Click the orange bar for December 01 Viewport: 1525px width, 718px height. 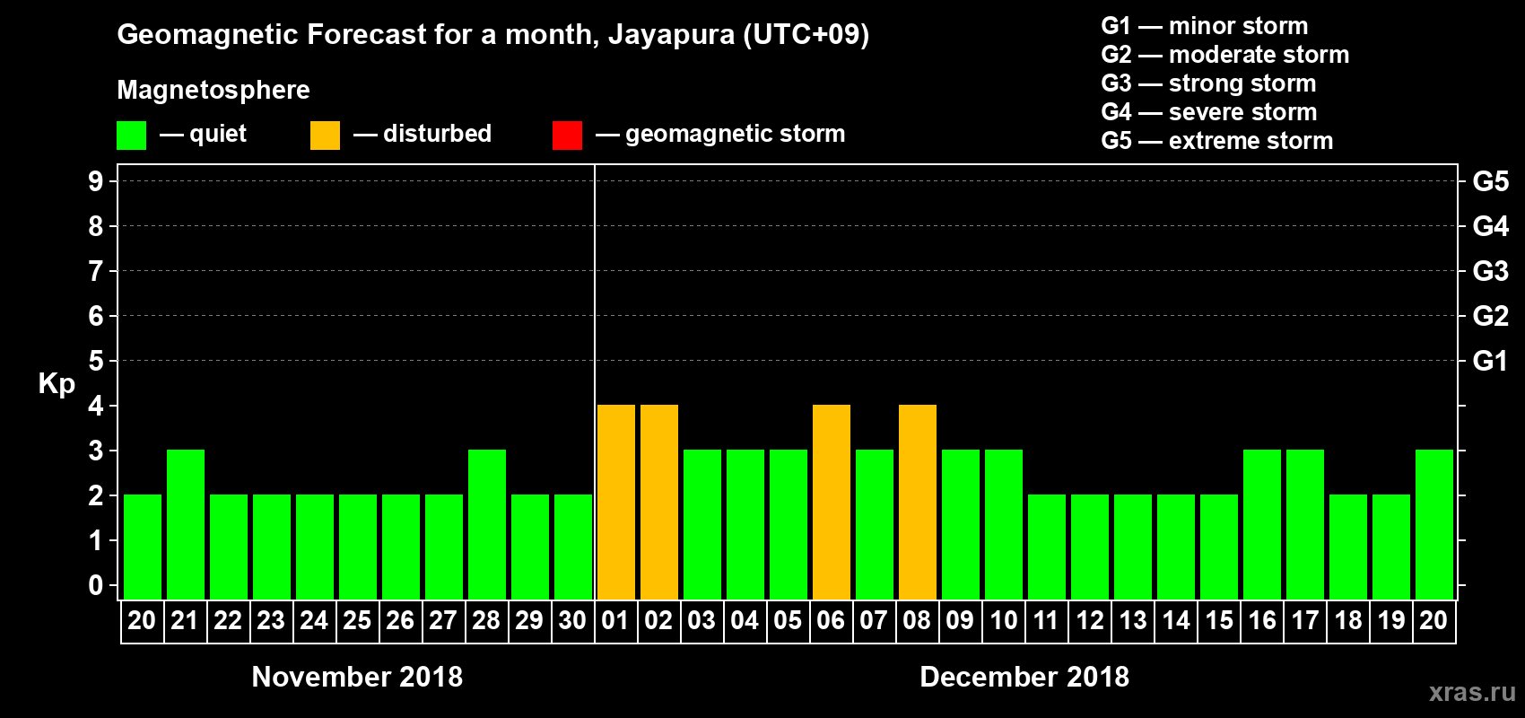(615, 503)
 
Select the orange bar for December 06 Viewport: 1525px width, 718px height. (831, 503)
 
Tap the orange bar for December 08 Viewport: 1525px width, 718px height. (917, 503)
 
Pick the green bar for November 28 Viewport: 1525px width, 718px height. (486, 525)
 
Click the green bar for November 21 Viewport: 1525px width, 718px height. (185, 525)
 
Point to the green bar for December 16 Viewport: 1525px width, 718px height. (1261, 525)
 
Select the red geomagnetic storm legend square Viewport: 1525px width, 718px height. (567, 136)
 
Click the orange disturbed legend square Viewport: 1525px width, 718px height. (325, 136)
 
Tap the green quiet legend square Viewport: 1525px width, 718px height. (131, 136)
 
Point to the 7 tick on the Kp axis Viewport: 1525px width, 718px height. (96, 271)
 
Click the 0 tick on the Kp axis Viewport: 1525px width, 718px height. (96, 585)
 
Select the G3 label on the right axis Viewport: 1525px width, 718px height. (1490, 271)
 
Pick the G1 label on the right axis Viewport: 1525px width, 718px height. (1490, 361)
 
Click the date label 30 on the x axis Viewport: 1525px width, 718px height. (572, 620)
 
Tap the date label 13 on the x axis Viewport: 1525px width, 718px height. (1132, 620)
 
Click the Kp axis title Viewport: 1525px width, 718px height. (57, 383)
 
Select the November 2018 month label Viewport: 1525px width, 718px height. (357, 676)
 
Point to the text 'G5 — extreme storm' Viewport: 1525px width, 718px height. (1216, 141)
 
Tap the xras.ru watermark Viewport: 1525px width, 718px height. (1471, 691)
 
